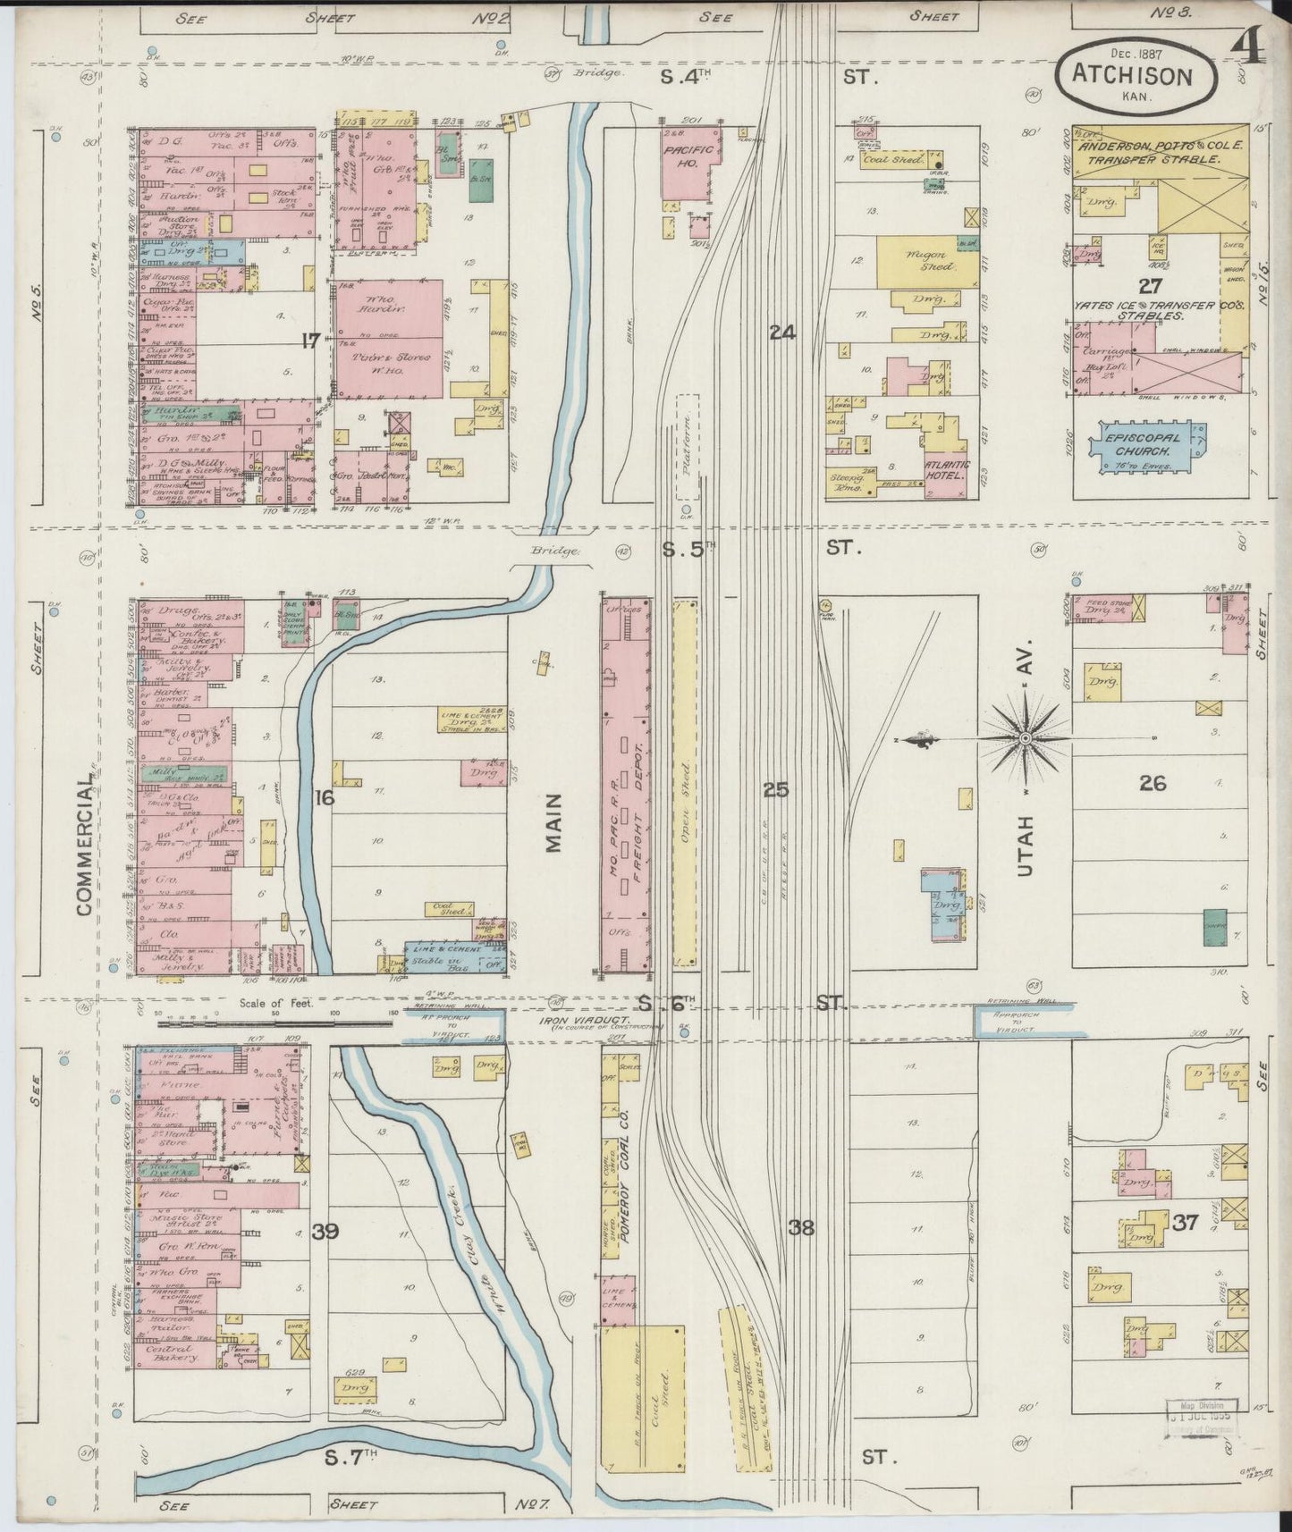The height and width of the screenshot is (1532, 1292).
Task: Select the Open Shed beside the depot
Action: (685, 785)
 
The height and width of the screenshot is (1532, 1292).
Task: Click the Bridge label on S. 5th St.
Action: (552, 551)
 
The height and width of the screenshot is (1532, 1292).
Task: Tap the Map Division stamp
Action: (1202, 1410)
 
